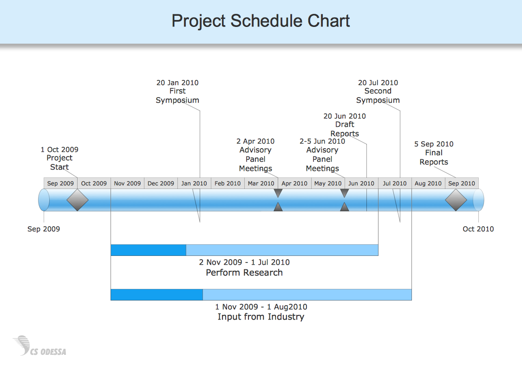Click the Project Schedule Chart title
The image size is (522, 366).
[261, 21]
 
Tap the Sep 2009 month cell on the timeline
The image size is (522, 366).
[60, 183]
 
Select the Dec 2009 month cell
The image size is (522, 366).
[161, 183]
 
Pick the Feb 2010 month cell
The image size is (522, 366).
[228, 183]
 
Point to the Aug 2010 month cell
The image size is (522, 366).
[428, 183]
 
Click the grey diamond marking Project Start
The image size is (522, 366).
[78, 200]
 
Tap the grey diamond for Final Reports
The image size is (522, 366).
[456, 200]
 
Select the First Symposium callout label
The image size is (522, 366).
[177, 91]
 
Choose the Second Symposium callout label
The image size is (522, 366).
[378, 91]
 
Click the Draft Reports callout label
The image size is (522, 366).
[345, 124]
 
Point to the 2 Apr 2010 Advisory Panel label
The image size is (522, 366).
[255, 155]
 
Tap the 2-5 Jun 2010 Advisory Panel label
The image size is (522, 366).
[322, 155]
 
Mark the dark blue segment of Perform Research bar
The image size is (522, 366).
[149, 250]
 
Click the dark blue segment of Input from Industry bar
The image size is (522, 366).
[157, 295]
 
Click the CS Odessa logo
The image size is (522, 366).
[39, 346]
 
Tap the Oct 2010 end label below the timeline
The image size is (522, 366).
[478, 229]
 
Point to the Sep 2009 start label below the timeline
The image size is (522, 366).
[44, 229]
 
